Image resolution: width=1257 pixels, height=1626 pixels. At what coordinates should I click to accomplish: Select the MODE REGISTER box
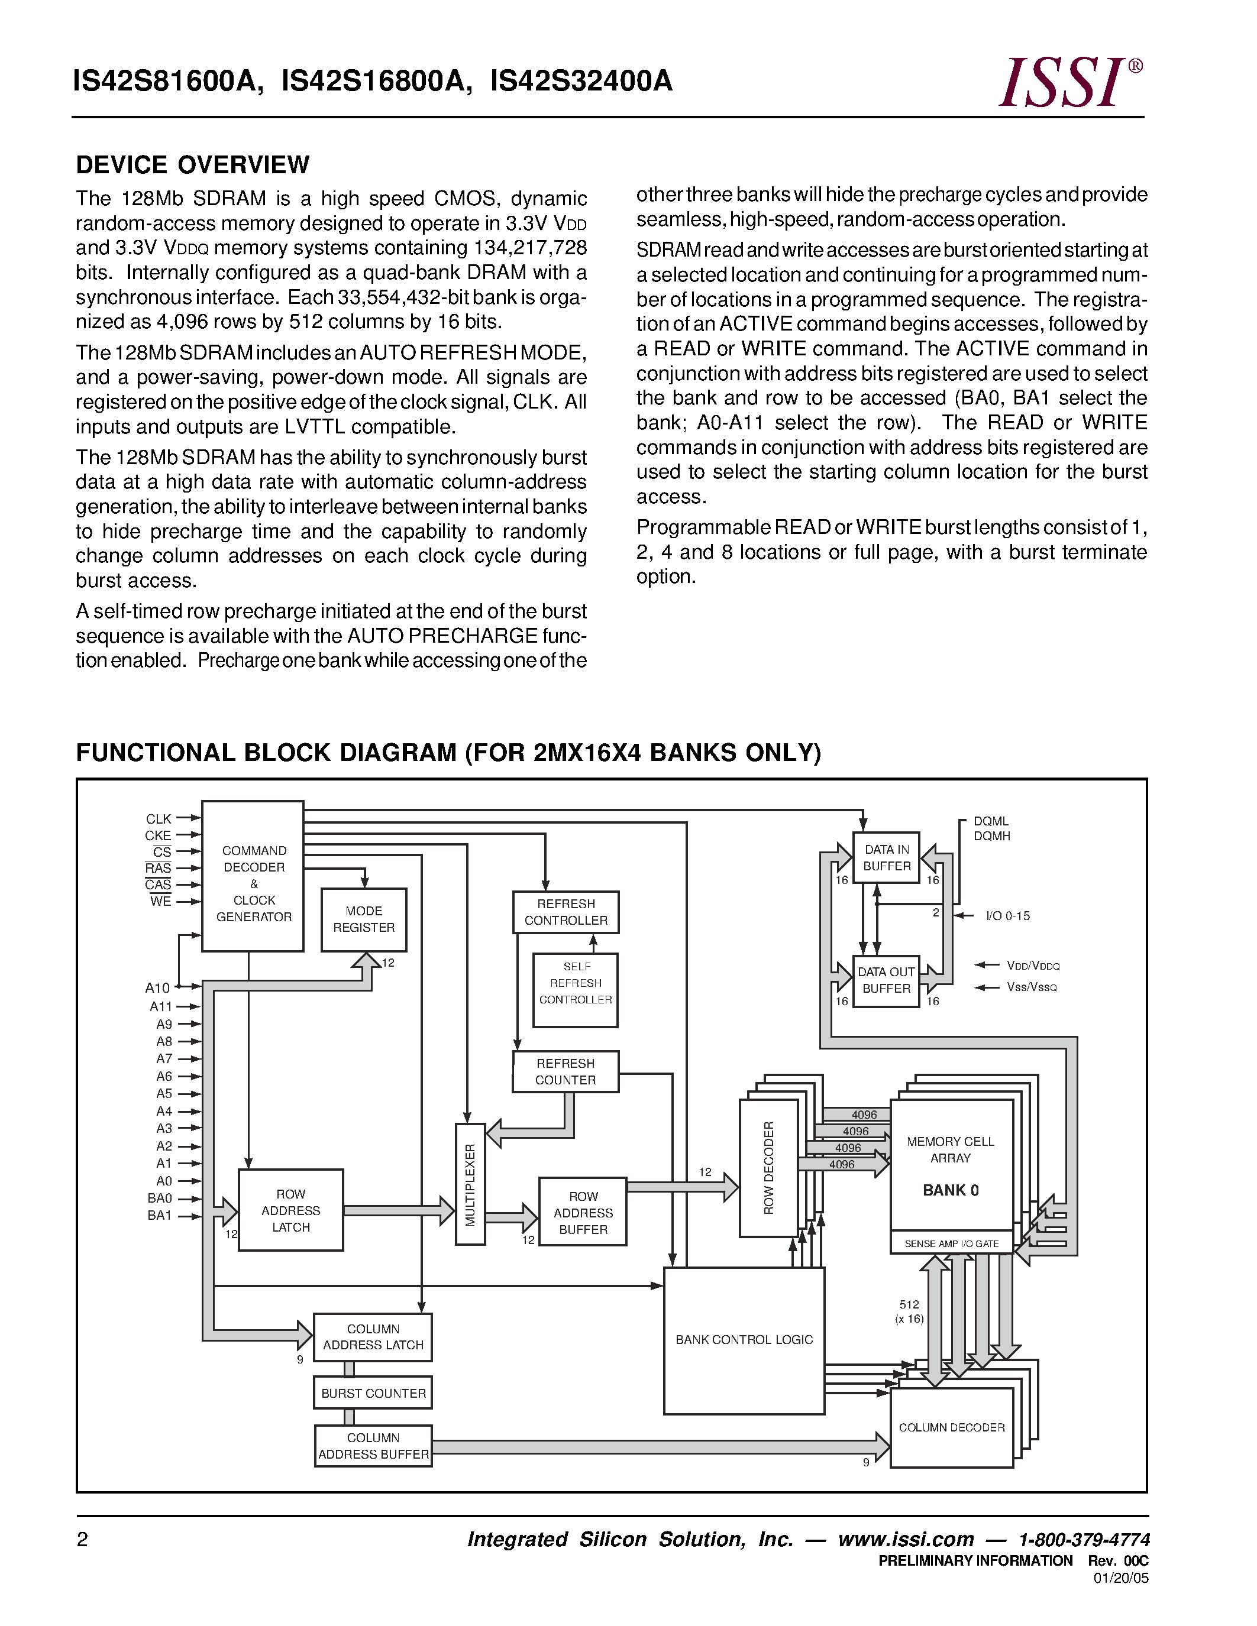click(x=363, y=919)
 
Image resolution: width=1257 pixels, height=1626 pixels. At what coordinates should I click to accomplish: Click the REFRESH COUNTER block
click(x=565, y=1071)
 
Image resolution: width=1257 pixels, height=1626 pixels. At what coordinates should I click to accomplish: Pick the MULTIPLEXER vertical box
click(x=470, y=1184)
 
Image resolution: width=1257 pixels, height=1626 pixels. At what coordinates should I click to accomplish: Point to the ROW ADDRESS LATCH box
click(x=290, y=1210)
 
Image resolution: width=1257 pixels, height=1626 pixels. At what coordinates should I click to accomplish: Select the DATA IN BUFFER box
click(x=886, y=858)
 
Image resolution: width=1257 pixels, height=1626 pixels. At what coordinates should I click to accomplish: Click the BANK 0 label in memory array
click(x=950, y=1190)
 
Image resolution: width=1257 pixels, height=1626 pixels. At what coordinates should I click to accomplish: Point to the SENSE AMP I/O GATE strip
click(x=951, y=1243)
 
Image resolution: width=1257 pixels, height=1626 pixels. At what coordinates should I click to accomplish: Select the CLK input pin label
click(x=158, y=819)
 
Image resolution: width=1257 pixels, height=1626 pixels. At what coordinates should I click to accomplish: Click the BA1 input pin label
click(x=159, y=1216)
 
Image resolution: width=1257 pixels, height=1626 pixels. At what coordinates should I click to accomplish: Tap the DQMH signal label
click(x=992, y=836)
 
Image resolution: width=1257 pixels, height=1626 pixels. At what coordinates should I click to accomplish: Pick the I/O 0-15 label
click(x=1007, y=916)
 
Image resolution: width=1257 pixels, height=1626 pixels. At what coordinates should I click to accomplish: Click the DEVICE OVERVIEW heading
click(x=192, y=164)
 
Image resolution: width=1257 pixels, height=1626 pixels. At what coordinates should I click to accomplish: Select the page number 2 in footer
click(x=83, y=1540)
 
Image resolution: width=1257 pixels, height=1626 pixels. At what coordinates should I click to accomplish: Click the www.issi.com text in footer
click(x=906, y=1540)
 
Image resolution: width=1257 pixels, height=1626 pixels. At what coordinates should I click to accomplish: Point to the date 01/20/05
click(x=1121, y=1578)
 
